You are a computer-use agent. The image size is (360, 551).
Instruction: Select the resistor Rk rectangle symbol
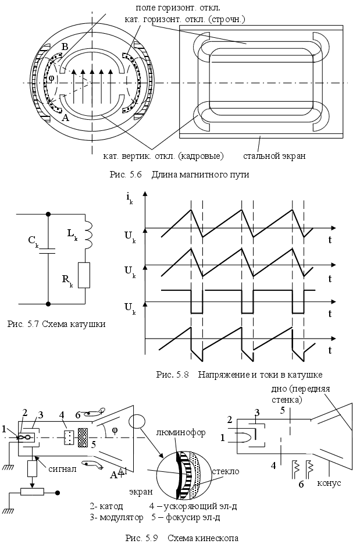pyautogui.click(x=85, y=275)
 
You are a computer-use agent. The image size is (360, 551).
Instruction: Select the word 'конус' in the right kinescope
pyautogui.click(x=329, y=484)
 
